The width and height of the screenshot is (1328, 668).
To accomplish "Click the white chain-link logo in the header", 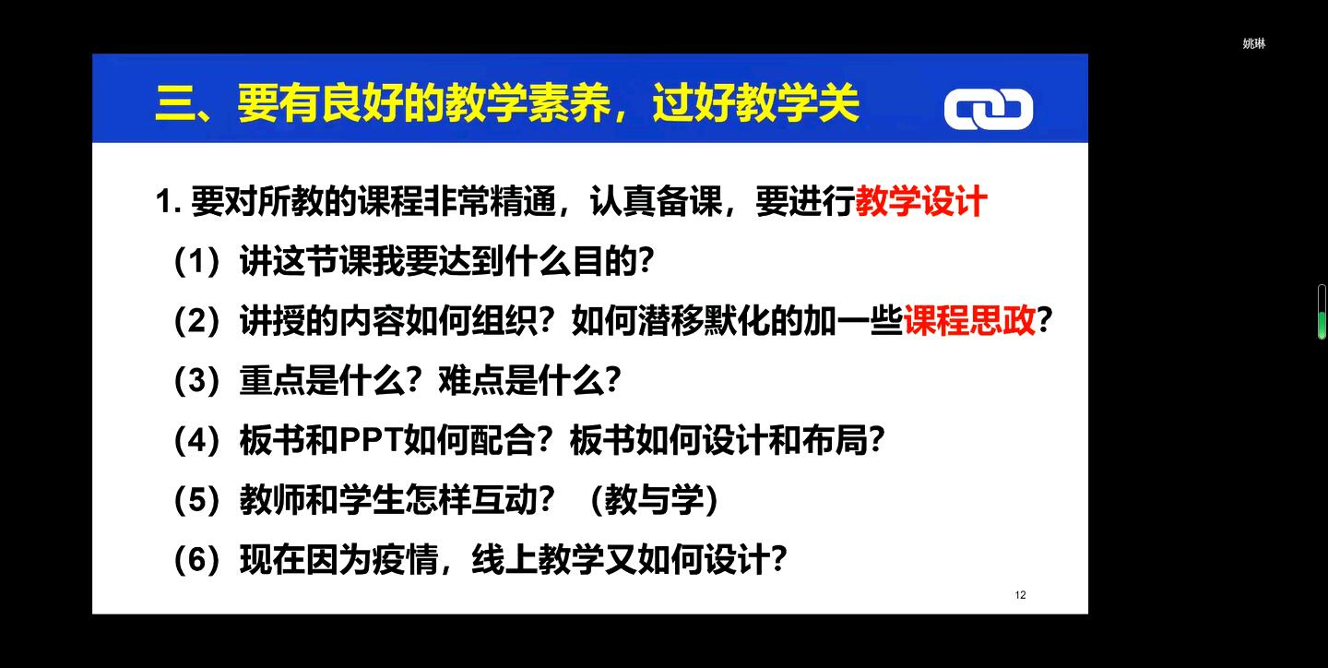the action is (989, 109).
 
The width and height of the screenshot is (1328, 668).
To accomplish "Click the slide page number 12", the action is (1020, 595).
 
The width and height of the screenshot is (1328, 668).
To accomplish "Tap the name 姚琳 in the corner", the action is (1254, 43).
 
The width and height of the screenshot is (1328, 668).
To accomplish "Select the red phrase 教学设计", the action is (921, 200).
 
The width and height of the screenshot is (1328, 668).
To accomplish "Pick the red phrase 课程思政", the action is (969, 320).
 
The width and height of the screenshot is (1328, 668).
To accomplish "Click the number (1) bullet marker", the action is (196, 261).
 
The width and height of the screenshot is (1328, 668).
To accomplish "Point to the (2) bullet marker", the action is (196, 321).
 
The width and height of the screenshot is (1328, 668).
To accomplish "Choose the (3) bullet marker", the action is (196, 380).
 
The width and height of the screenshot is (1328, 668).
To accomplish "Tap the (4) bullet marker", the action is (196, 440).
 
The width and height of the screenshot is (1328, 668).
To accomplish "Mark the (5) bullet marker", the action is (196, 499).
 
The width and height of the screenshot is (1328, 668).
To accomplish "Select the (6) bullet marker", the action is (196, 559).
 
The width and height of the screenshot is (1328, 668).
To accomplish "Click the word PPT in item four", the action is (371, 440).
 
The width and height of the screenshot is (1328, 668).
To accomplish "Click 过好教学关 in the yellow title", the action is (756, 102).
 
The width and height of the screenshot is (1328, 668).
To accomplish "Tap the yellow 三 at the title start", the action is (176, 103).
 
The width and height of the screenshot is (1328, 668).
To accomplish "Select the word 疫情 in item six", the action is (405, 559).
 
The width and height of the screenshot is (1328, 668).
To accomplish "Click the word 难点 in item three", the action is (471, 380).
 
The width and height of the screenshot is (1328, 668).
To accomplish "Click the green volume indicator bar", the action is (1322, 325).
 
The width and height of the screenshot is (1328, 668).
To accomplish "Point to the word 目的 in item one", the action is (605, 260).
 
